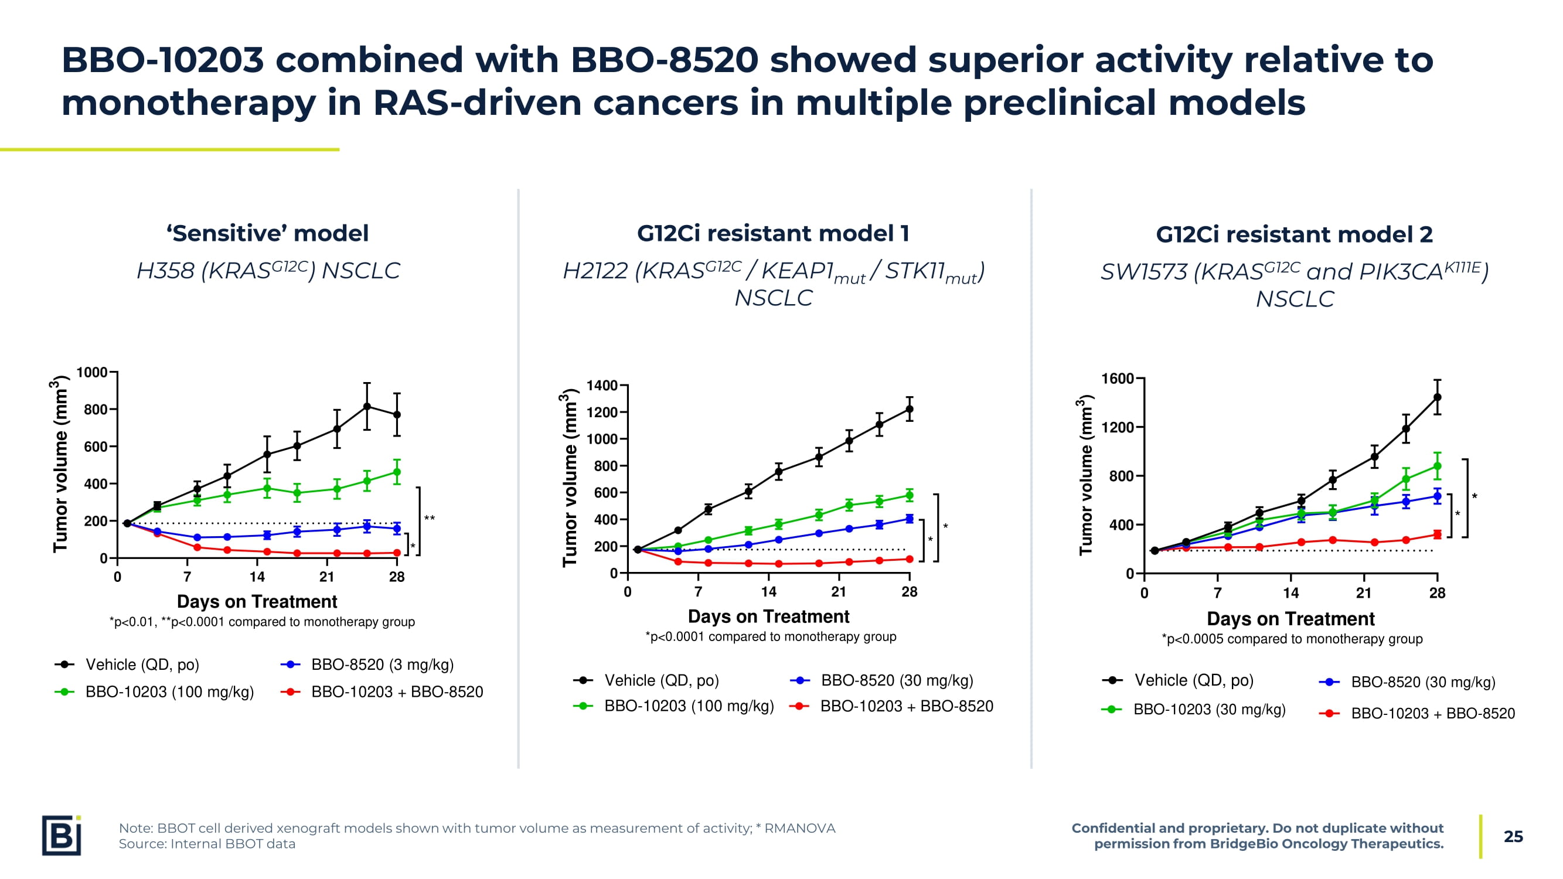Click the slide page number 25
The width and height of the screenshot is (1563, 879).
click(1513, 837)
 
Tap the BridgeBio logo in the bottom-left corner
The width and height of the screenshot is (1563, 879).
click(62, 835)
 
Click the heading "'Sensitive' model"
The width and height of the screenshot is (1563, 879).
click(268, 234)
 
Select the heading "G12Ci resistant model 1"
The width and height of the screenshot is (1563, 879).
click(773, 234)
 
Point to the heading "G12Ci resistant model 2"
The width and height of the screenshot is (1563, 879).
click(1294, 235)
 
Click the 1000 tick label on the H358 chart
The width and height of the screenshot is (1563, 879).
click(91, 373)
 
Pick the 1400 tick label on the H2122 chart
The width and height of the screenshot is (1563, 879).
click(602, 386)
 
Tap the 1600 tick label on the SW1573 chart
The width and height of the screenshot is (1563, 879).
click(1117, 379)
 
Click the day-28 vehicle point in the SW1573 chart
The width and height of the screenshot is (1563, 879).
click(1438, 397)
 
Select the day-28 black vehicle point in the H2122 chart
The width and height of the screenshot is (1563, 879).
click(909, 410)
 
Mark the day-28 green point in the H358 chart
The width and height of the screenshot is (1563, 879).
click(397, 472)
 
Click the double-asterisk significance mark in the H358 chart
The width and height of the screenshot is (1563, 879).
click(430, 519)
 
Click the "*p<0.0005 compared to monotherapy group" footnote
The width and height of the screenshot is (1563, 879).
click(1292, 639)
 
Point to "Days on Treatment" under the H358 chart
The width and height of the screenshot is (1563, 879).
click(257, 602)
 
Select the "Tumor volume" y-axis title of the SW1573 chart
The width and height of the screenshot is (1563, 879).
click(1085, 476)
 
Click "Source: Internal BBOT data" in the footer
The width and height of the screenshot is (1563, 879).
click(207, 844)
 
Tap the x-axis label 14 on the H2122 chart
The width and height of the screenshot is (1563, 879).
click(769, 592)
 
